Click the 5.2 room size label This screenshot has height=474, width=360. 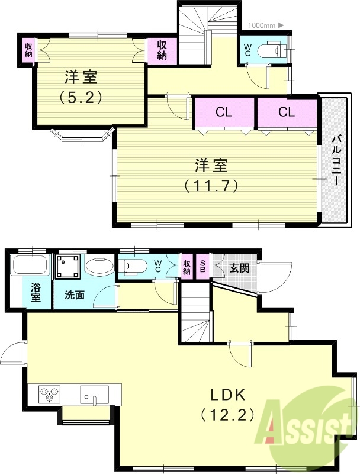click(82, 97)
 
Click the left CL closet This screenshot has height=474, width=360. click(223, 112)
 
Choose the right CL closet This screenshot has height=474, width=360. click(287, 112)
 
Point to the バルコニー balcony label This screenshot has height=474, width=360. click(335, 161)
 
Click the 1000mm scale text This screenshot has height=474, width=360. click(262, 25)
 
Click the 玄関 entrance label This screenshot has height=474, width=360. click(239, 268)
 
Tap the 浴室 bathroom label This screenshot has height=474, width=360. click(36, 293)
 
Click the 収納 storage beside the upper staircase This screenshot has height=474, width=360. click(161, 50)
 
